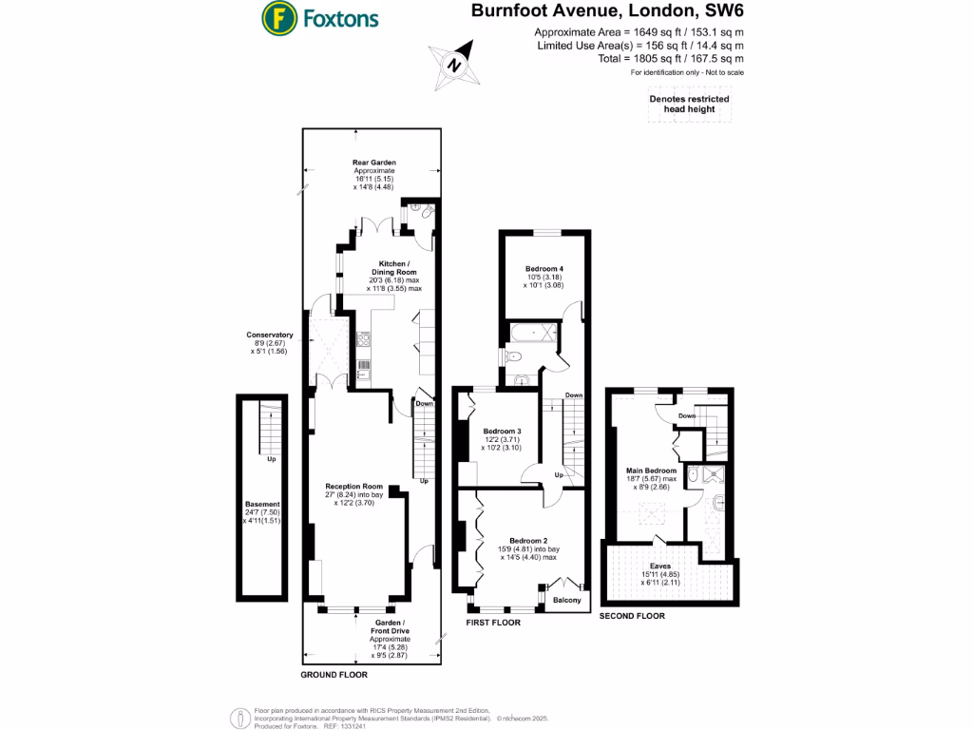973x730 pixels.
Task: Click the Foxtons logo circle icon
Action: (278, 17)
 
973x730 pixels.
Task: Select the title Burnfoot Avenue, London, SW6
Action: (608, 12)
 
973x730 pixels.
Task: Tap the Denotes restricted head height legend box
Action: (689, 104)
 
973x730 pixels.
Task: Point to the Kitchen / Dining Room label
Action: (394, 268)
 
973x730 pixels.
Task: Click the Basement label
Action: (262, 504)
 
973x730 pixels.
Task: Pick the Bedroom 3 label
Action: (503, 431)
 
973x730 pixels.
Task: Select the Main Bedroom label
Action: (651, 471)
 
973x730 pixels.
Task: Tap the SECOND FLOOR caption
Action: (632, 616)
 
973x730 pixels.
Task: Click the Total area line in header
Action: (639, 58)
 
